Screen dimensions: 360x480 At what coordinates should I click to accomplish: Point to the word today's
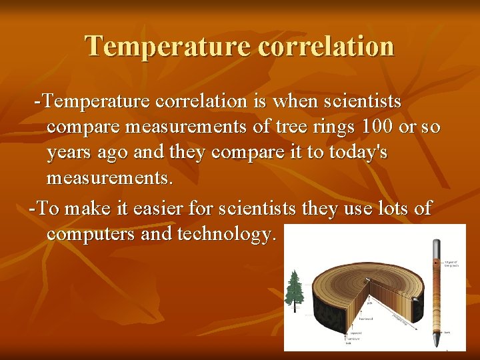pyautogui.click(x=354, y=152)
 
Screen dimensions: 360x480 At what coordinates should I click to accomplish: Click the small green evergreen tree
pyautogui.click(x=293, y=287)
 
